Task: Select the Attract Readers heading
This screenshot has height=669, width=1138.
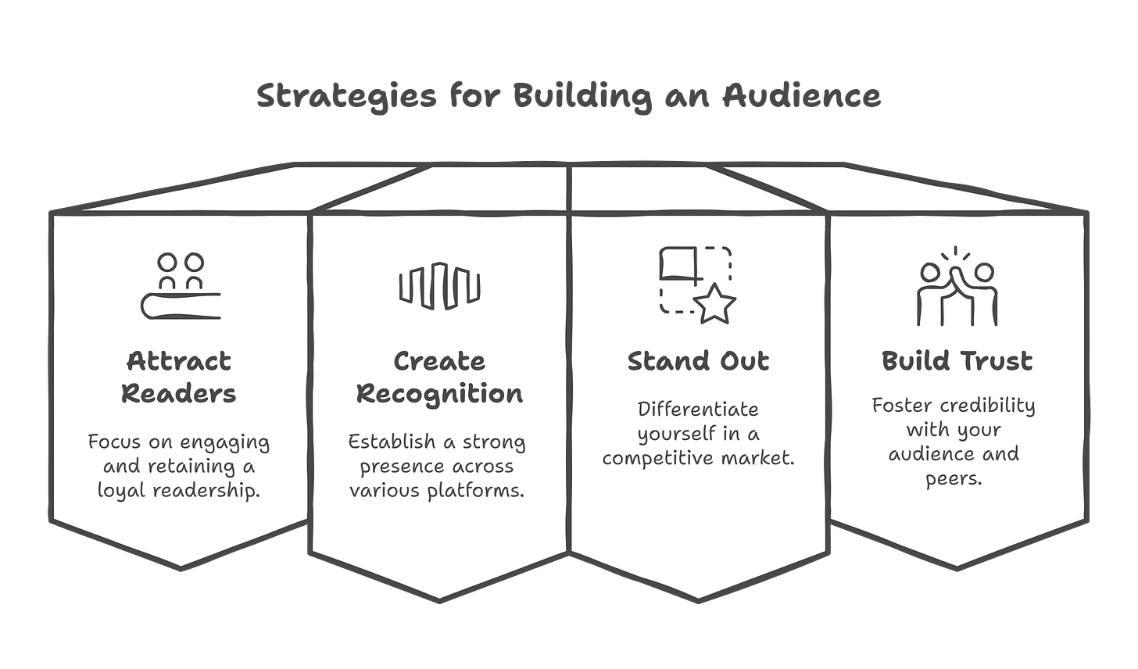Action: [x=179, y=377]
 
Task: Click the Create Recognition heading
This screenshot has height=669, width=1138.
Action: [x=439, y=377]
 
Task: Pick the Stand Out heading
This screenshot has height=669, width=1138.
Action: [x=699, y=361]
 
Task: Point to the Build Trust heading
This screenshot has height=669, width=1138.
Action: [x=957, y=361]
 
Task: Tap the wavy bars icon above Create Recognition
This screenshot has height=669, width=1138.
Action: [x=439, y=283]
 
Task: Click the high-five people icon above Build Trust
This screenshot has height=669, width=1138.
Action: [x=957, y=286]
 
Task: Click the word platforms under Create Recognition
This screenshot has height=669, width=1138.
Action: [x=485, y=491]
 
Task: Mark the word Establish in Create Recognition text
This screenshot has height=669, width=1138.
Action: [x=392, y=442]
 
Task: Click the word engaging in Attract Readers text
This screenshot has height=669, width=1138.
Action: [x=227, y=442]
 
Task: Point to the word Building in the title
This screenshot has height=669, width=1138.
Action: [x=582, y=97]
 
